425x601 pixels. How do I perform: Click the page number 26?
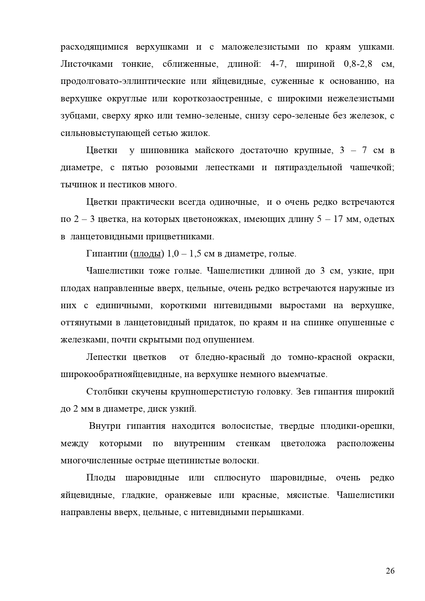[390, 571]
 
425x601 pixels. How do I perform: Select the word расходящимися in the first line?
[95, 47]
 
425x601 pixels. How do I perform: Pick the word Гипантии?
[107, 254]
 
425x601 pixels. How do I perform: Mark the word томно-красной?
[320, 357]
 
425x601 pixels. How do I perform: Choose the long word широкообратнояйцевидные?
[120, 374]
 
